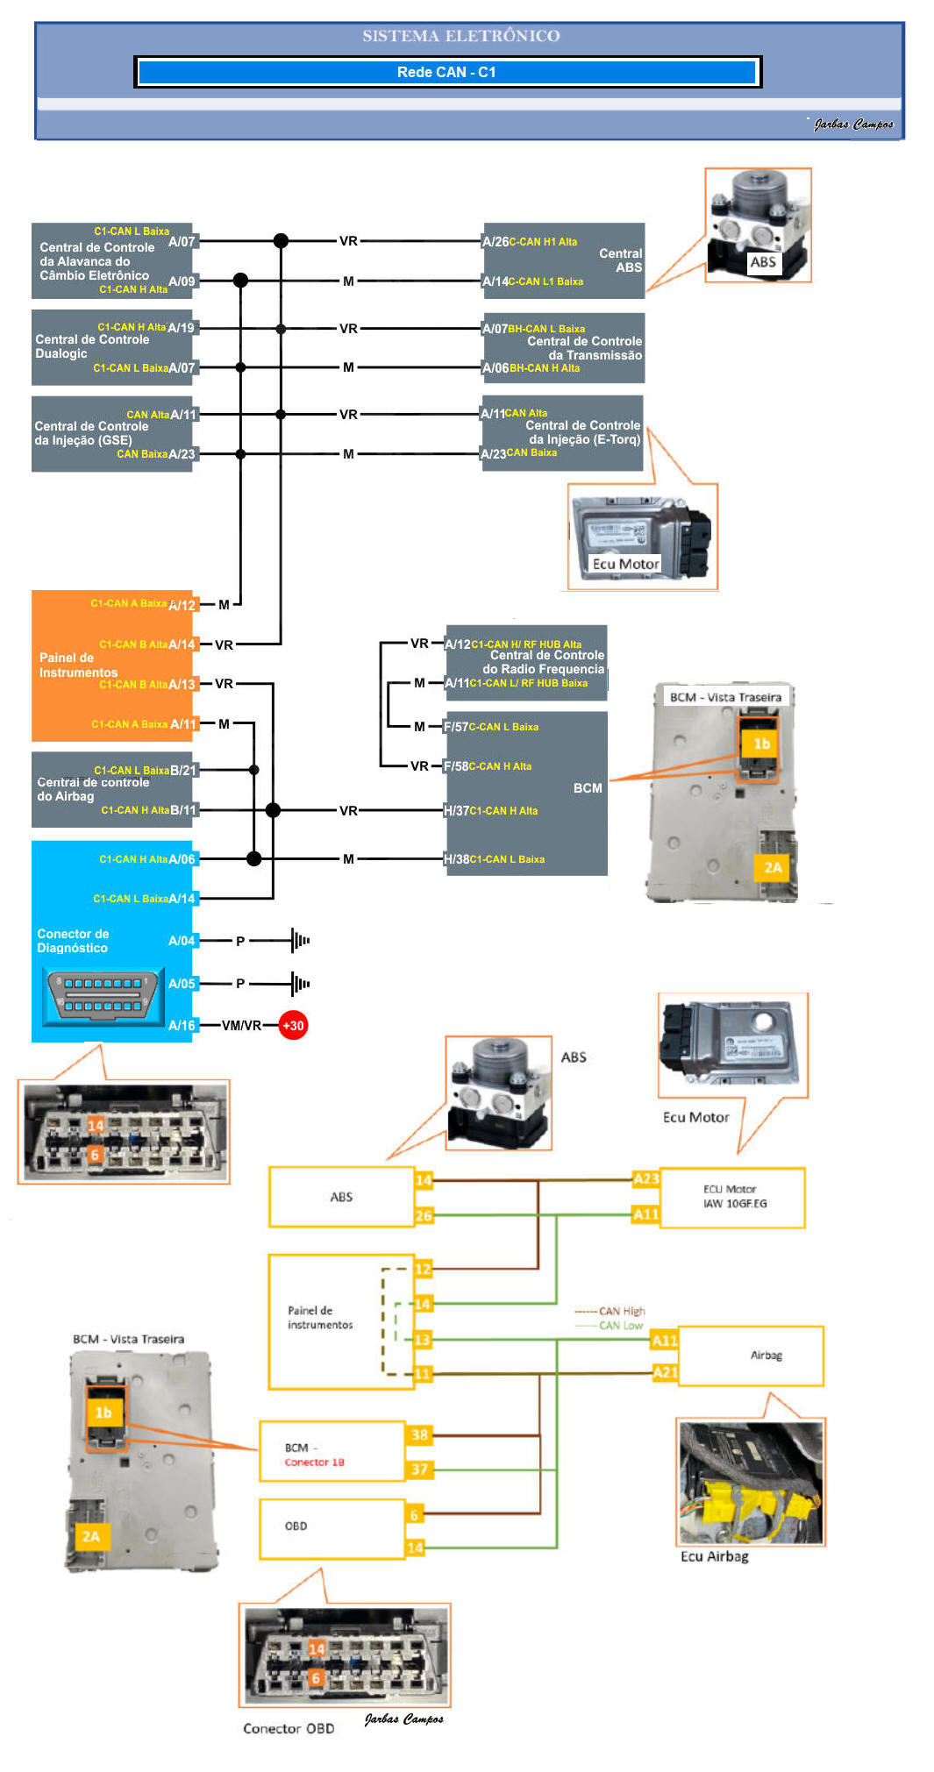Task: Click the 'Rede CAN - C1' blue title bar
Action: pos(447,72)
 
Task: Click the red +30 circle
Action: pos(293,1025)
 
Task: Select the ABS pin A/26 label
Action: pos(496,241)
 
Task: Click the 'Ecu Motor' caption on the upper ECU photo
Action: pos(625,564)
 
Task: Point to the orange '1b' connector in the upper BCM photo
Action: pos(760,744)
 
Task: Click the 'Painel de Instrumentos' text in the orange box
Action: pos(78,665)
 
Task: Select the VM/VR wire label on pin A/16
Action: pos(241,1025)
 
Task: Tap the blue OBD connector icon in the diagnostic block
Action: pos(104,995)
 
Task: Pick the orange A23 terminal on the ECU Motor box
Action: pos(646,1178)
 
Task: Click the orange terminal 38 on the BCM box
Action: pos(419,1434)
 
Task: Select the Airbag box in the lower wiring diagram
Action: pos(751,1356)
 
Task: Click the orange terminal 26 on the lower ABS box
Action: pos(424,1215)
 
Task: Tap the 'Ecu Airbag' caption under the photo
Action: pos(715,1556)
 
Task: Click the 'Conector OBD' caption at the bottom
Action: pos(289,1728)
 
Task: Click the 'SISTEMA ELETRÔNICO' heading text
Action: pos(461,36)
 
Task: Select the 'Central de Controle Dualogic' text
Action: pos(92,346)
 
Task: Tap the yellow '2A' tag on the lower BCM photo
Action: pos(90,1536)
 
